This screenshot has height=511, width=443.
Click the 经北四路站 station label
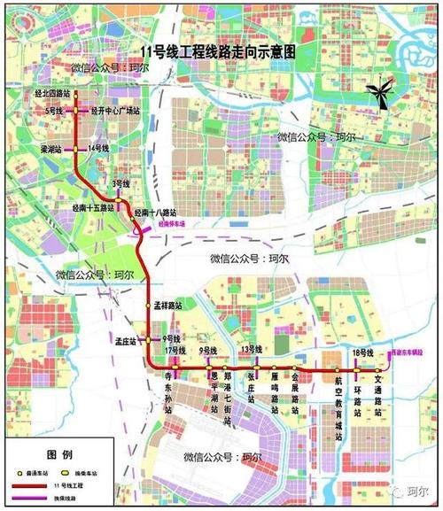(52, 92)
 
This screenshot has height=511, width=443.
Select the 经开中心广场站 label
(116, 112)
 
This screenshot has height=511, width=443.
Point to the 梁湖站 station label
(52, 151)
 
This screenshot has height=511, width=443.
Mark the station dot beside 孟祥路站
(149, 305)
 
